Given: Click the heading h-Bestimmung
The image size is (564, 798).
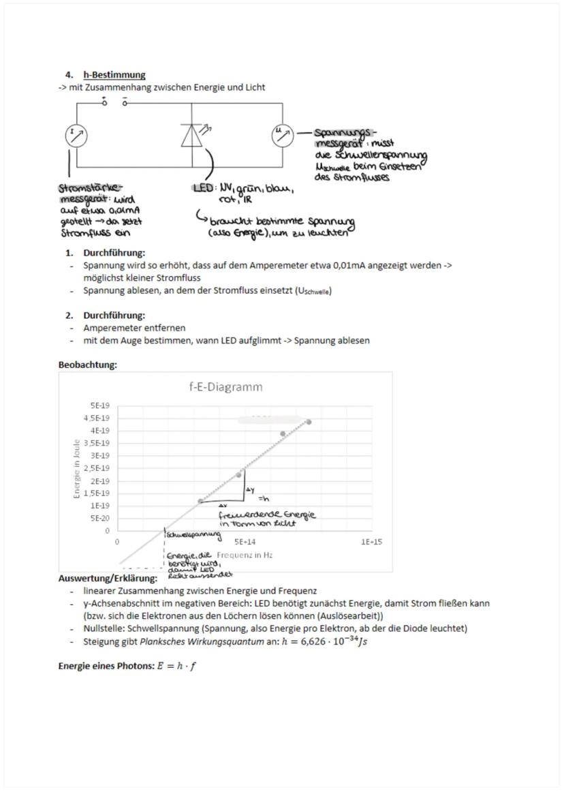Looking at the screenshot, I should click(114, 75).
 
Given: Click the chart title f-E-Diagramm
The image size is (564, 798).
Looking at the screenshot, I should click(225, 387).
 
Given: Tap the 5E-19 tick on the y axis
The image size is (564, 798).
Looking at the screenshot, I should click(101, 405).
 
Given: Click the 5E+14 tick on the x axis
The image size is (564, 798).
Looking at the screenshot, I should click(243, 542).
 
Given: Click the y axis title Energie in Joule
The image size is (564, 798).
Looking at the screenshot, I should click(78, 468).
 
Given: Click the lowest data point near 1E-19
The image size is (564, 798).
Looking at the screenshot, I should click(200, 501).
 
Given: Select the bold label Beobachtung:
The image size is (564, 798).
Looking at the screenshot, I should click(87, 365).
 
